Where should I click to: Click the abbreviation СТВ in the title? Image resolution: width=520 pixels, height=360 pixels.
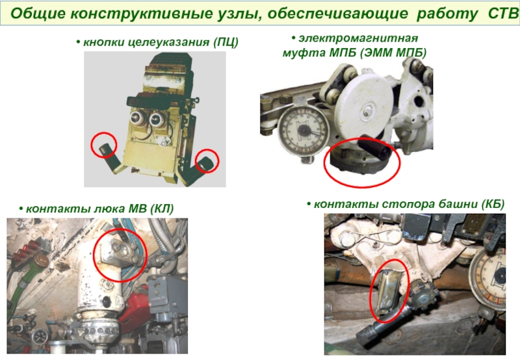coord(502,13)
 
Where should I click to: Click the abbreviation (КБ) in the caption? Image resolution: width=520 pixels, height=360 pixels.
coord(493,204)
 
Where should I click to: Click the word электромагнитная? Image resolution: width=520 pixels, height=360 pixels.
coord(358,38)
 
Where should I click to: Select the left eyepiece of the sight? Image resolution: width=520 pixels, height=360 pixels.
coord(136,117)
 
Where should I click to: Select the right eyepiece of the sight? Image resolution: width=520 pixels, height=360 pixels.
coord(156,119)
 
